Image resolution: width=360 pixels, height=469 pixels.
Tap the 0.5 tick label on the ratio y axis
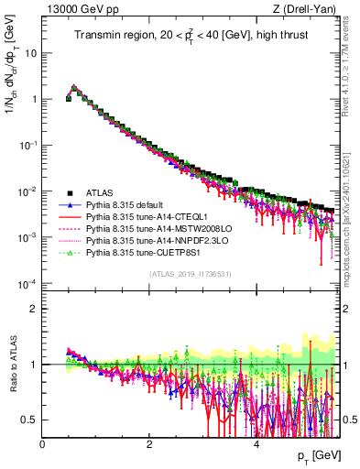(x=30, y=420)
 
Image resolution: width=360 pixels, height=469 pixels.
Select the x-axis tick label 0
(x=43, y=444)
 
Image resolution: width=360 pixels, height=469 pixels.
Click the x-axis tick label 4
(x=256, y=444)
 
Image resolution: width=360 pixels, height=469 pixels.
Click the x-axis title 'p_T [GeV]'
(x=321, y=457)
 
